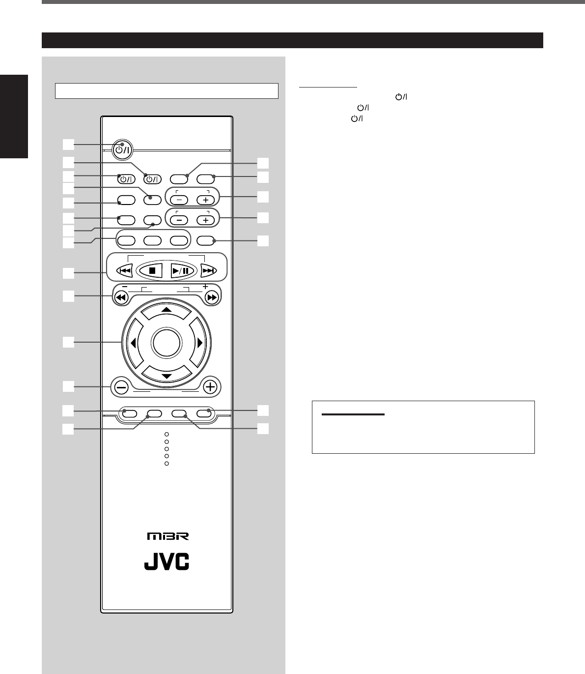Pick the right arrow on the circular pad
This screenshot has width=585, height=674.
click(199, 343)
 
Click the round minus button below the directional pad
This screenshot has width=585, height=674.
click(121, 387)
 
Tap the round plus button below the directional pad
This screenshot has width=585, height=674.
click(211, 387)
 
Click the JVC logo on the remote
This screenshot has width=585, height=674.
click(167, 563)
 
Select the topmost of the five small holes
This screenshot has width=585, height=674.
click(167, 435)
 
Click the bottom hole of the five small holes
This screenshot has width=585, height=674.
click(167, 464)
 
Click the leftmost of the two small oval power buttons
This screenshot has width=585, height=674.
click(125, 179)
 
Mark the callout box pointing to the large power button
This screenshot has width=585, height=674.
click(68, 144)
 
